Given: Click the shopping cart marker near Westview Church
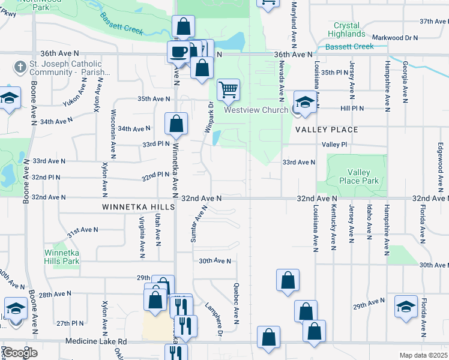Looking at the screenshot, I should (228, 90).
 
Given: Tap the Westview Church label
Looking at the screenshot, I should (257, 110).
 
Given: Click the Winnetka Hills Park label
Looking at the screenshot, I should (62, 257).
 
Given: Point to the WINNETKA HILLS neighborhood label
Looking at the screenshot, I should (138, 207).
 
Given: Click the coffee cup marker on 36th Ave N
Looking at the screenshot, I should (178, 52).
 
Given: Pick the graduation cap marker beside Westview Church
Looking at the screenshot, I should (305, 102).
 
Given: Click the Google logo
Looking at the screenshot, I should (19, 353).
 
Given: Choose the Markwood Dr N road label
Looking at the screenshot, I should (395, 37).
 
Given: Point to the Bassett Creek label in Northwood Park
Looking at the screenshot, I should (122, 23).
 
